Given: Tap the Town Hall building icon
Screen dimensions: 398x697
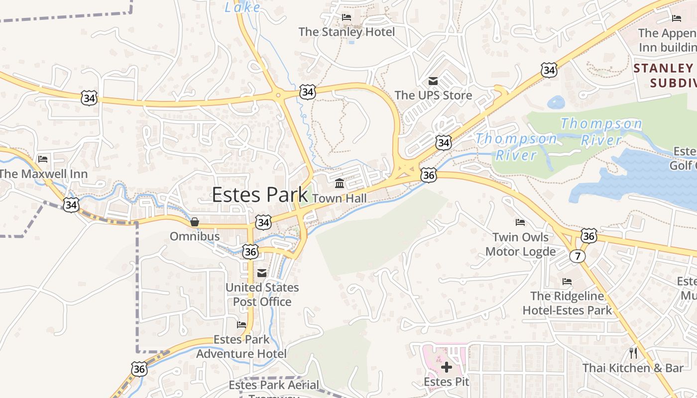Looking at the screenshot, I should [x=340, y=184].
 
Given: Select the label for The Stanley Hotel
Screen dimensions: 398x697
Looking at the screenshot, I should [x=347, y=32].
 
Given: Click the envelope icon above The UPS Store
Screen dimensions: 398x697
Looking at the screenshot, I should [x=433, y=81].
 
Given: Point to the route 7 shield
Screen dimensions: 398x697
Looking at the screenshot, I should [x=578, y=256].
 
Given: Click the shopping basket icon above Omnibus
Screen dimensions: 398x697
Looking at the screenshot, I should [x=195, y=222].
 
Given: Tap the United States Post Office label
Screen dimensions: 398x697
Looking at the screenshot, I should [x=262, y=295].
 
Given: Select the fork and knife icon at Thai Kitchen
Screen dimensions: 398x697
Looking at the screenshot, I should [x=633, y=353].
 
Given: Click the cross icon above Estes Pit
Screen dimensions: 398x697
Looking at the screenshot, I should [x=447, y=367].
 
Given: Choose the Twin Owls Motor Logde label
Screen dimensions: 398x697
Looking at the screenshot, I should [x=520, y=244].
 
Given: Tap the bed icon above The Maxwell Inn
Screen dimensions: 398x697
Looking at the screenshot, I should [x=43, y=159].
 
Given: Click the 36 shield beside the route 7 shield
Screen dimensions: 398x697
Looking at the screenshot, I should [x=588, y=236].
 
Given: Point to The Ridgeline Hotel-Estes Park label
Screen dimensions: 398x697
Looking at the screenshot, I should [x=567, y=303].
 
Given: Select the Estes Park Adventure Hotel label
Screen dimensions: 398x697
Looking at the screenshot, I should [x=241, y=347].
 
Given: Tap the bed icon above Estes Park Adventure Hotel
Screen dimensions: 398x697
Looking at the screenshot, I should [x=241, y=325].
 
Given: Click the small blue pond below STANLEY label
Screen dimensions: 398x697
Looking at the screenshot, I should [x=556, y=102].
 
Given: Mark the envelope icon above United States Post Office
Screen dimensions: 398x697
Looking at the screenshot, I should [x=262, y=273].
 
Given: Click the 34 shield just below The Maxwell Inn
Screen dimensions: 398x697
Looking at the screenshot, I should [x=71, y=204].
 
